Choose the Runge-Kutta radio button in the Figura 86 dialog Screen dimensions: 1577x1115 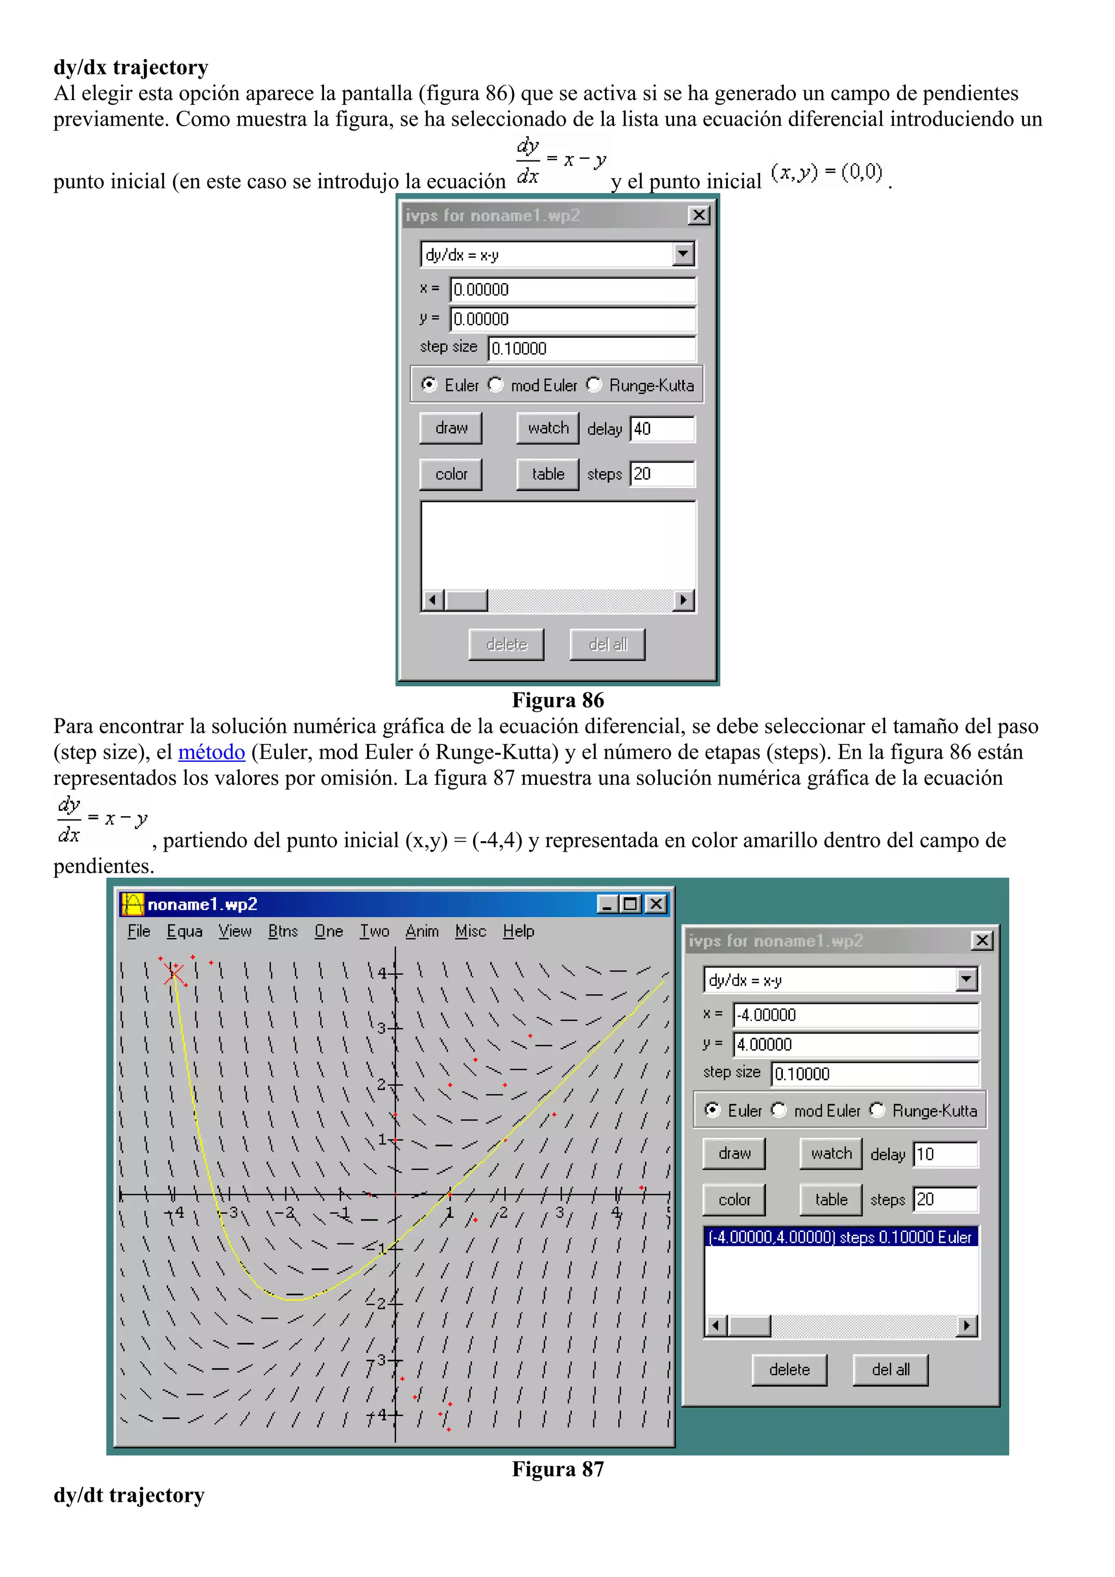[x=595, y=385]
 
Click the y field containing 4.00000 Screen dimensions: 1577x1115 [x=855, y=1044]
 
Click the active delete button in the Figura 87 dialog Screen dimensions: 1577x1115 [x=789, y=1370]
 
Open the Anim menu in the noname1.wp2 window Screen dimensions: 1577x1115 [x=422, y=932]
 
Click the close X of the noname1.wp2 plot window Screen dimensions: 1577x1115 [x=657, y=904]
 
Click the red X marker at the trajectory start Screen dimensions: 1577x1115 [x=174, y=972]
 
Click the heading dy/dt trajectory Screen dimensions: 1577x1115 [x=128, y=1495]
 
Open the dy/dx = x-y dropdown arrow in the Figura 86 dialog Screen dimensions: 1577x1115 [x=682, y=254]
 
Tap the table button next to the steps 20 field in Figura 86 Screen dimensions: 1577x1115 [x=548, y=474]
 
